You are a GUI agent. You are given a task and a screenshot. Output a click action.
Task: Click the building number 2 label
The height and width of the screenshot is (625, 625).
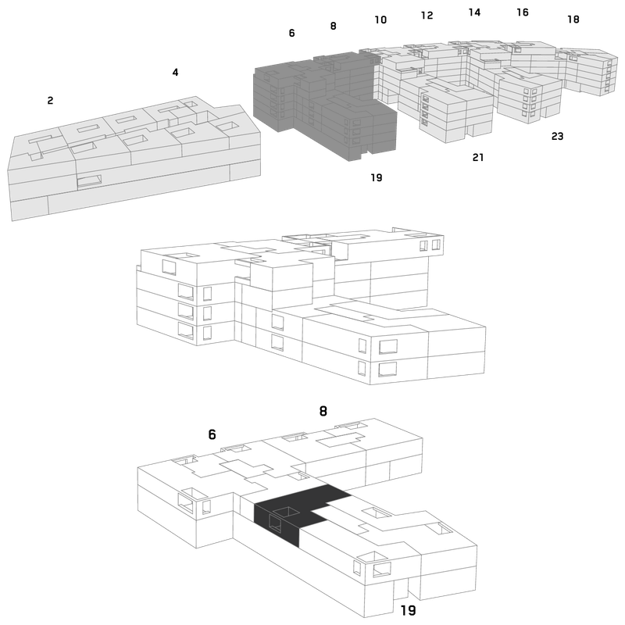(x=50, y=101)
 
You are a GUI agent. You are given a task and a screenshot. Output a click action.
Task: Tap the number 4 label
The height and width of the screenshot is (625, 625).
(x=175, y=72)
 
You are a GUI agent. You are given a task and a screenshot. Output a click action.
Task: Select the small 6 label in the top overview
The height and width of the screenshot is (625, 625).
(x=291, y=33)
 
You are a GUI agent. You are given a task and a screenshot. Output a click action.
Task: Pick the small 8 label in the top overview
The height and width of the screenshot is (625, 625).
(x=334, y=26)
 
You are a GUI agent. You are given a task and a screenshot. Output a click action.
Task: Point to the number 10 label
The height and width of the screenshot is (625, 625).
(x=380, y=20)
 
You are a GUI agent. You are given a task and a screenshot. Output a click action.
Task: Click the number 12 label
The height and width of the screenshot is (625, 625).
(x=427, y=15)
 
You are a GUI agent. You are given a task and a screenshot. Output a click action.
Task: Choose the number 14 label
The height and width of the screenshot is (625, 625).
(x=474, y=12)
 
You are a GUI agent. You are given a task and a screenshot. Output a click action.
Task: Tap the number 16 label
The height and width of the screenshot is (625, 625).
(x=523, y=12)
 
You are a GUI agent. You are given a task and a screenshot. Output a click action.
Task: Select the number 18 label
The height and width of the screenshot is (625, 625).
(x=573, y=19)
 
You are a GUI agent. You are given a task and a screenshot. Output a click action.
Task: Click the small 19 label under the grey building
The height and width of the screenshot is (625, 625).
(x=377, y=177)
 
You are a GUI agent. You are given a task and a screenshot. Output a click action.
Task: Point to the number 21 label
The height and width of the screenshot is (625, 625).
(x=478, y=158)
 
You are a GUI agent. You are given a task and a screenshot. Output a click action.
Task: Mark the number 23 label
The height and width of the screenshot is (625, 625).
(x=557, y=136)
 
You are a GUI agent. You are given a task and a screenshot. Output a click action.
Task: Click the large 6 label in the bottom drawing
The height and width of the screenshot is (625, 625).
(x=212, y=434)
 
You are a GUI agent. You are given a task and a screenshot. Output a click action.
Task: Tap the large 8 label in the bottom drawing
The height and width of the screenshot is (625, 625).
(x=323, y=411)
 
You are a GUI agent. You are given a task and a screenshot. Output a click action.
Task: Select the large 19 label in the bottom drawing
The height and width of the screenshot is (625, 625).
(x=408, y=610)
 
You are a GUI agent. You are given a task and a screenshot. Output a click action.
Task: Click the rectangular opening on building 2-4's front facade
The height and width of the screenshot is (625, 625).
(x=89, y=181)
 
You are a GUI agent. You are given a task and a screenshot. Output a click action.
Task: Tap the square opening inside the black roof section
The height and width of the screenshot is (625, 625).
(x=286, y=512)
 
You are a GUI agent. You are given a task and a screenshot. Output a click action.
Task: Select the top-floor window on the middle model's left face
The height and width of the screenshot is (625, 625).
(x=169, y=267)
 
